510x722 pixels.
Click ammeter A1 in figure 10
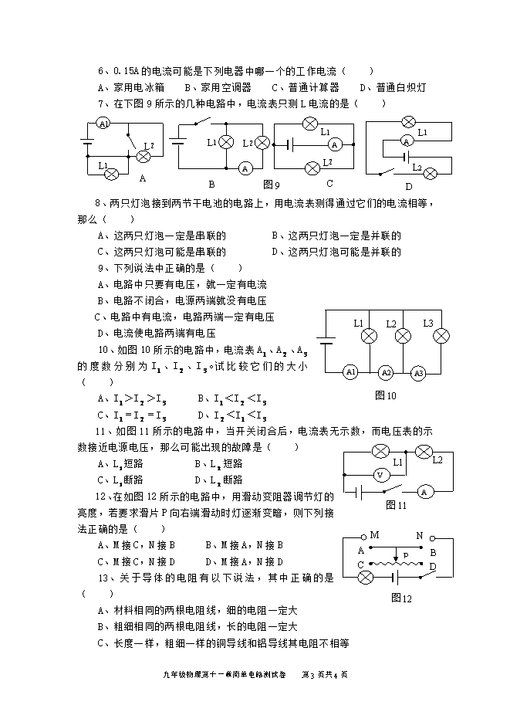[x=351, y=373]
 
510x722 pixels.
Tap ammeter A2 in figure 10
[x=386, y=373]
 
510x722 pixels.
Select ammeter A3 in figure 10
[x=419, y=373]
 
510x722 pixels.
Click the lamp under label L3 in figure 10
[x=441, y=336]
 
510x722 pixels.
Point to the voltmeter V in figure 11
[x=380, y=474]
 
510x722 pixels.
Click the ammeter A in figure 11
[x=424, y=491]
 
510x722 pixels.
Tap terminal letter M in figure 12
[x=375, y=535]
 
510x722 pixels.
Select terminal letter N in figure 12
[x=420, y=535]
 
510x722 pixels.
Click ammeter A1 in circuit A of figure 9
[x=104, y=123]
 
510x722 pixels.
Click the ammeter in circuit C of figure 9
[x=334, y=144]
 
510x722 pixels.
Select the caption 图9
[x=271, y=185]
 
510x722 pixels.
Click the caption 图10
[x=383, y=395]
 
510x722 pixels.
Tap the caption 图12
[x=401, y=598]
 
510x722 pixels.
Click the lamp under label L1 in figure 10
[x=369, y=336]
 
